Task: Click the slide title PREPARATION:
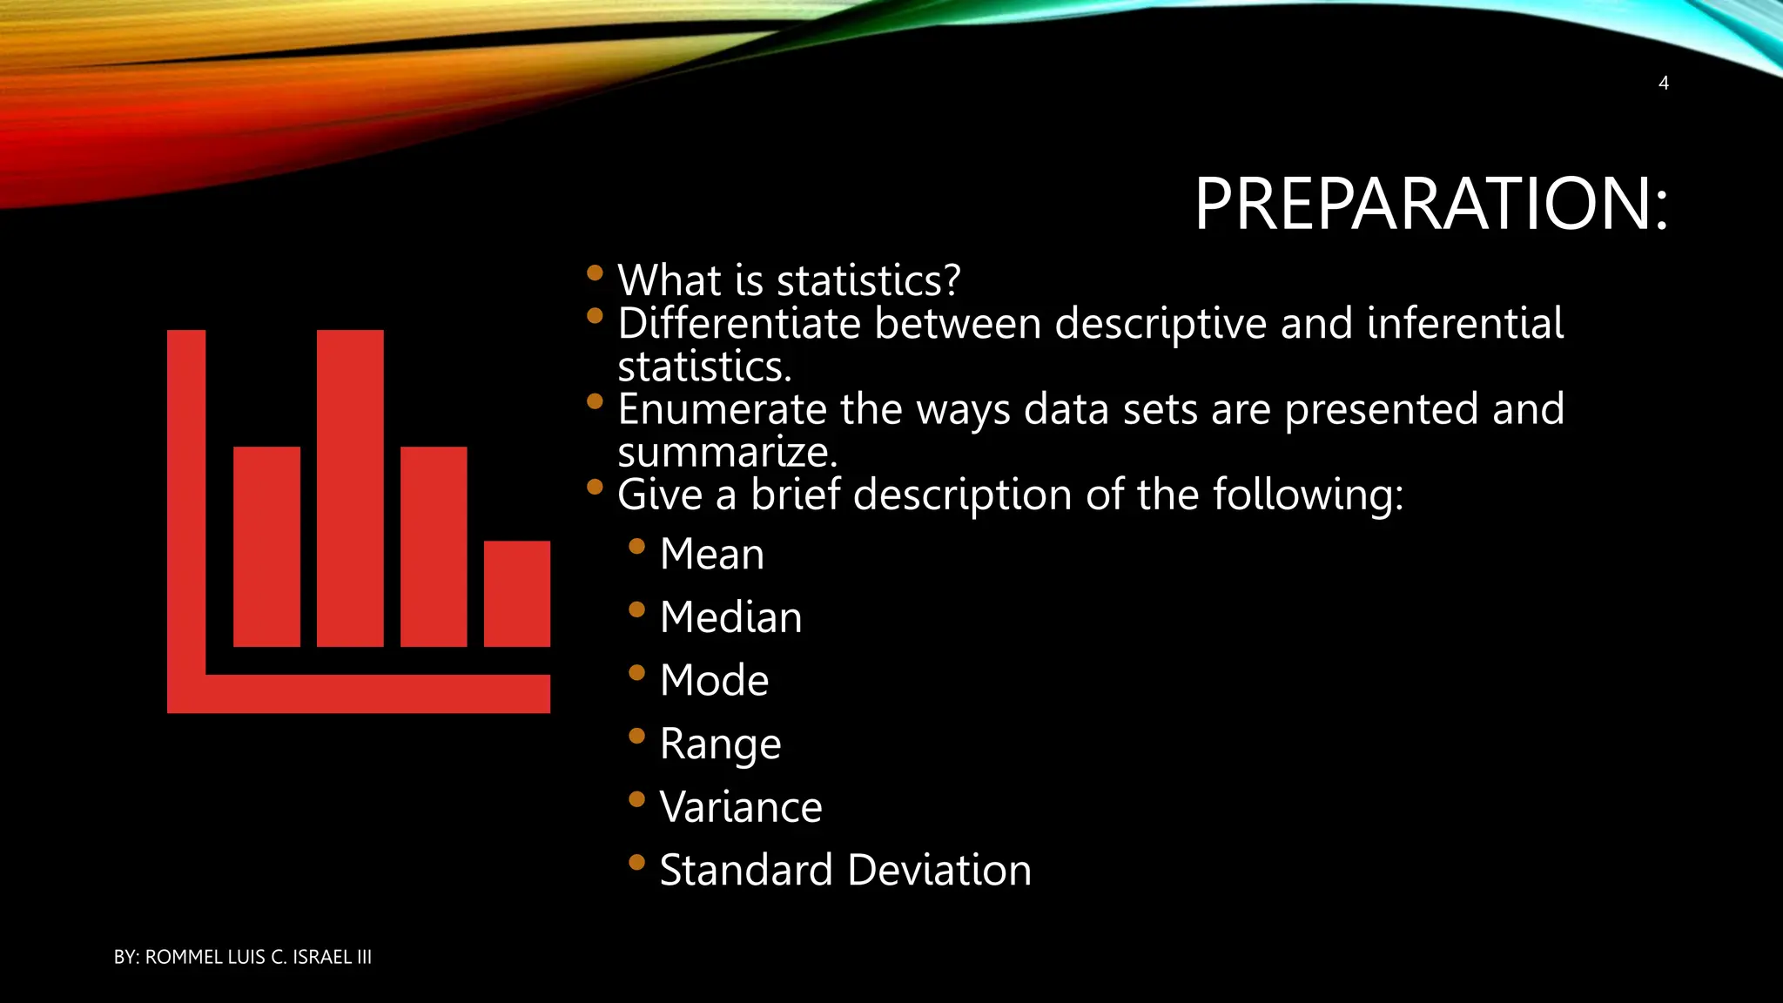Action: tap(1430, 204)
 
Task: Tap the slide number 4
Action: tap(1663, 84)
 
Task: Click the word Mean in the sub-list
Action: tap(711, 555)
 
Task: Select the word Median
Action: tap(730, 617)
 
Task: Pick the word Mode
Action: tap(714, 680)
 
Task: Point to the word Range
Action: tap(720, 744)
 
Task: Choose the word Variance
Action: tap(740, 807)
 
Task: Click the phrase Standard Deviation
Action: tap(844, 870)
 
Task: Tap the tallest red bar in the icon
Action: tap(350, 488)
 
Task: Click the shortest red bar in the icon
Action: tap(516, 594)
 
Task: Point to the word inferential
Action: tap(1464, 323)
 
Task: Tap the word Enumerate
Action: tap(721, 409)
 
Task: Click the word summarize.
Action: tap(725, 452)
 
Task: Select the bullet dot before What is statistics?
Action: tap(595, 273)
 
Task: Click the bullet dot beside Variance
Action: tap(636, 798)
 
